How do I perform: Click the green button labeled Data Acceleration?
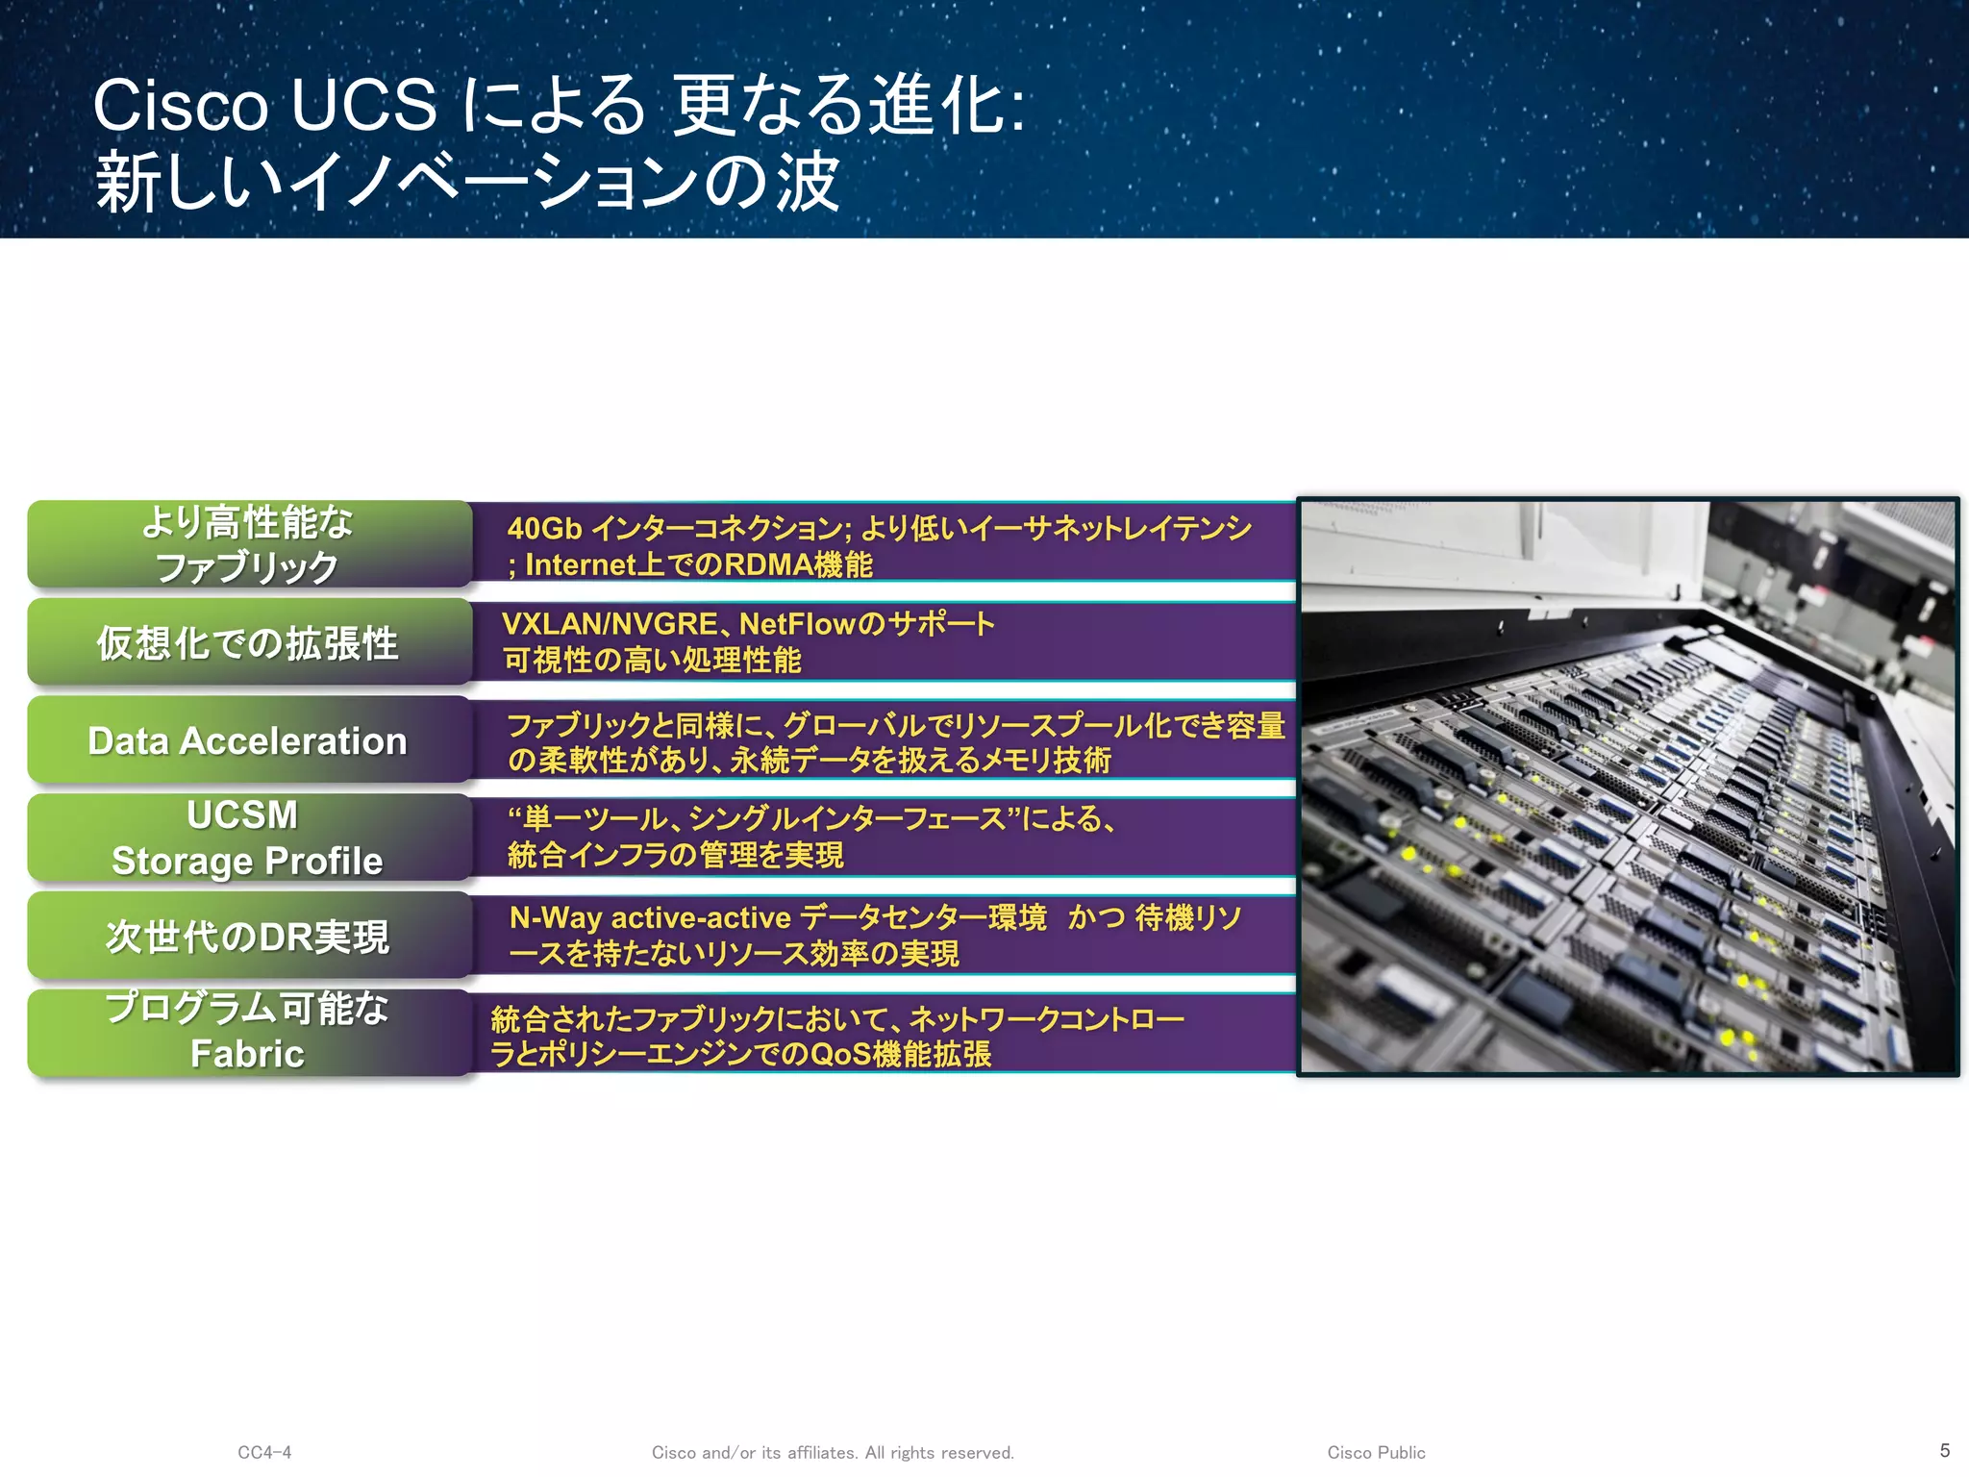[x=248, y=740]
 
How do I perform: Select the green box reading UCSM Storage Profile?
[x=248, y=838]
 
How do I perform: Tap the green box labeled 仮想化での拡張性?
[x=248, y=642]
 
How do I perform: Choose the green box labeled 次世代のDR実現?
[x=248, y=936]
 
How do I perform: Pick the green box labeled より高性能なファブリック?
[x=248, y=544]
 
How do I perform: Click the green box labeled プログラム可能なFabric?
[x=248, y=1032]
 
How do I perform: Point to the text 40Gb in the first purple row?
[x=544, y=529]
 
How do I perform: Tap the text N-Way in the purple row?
[x=555, y=917]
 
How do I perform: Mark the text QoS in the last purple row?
[x=840, y=1054]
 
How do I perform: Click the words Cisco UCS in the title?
[x=264, y=105]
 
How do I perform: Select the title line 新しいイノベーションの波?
[x=467, y=182]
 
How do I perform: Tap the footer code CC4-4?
[x=264, y=1452]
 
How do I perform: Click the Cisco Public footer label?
[x=1376, y=1452]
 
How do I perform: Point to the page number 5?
[x=1944, y=1450]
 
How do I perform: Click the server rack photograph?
[x=1627, y=787]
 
